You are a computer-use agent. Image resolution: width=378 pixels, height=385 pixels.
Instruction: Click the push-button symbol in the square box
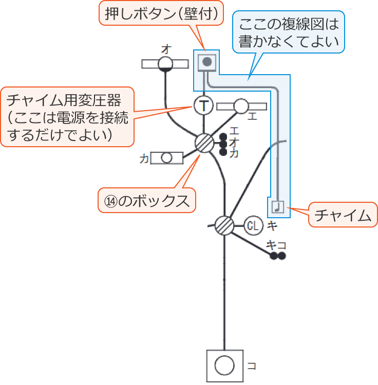[206, 63]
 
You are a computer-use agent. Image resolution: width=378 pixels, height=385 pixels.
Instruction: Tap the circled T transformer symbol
[204, 107]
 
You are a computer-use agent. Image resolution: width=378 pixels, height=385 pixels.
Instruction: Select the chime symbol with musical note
[277, 206]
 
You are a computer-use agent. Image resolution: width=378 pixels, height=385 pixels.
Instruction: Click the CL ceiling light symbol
[253, 225]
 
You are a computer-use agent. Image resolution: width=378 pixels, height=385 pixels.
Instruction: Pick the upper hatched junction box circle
[204, 143]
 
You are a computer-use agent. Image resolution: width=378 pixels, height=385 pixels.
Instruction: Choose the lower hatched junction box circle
[224, 225]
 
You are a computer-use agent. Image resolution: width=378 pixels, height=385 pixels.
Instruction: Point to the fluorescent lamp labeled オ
[165, 64]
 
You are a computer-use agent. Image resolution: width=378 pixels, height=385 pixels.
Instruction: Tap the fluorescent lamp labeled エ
[241, 106]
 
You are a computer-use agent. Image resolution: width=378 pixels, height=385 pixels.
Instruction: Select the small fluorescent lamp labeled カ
[166, 158]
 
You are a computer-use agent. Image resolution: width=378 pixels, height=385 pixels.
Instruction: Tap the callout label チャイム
[343, 215]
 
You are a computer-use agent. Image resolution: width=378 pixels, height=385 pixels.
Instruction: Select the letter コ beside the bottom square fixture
[252, 366]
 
